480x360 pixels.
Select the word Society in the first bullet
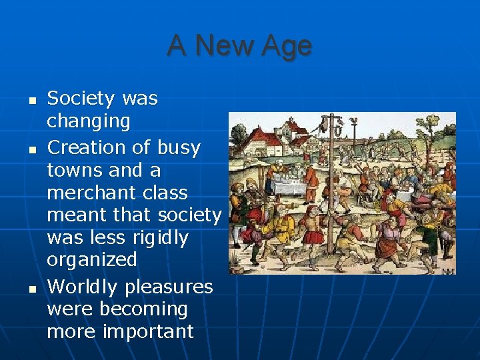[81, 99]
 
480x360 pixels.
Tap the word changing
[88, 121]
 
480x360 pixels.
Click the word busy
[179, 147]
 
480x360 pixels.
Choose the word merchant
[84, 193]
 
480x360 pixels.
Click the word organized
[91, 260]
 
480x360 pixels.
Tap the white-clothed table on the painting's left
[291, 181]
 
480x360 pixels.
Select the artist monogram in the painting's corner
[447, 270]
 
